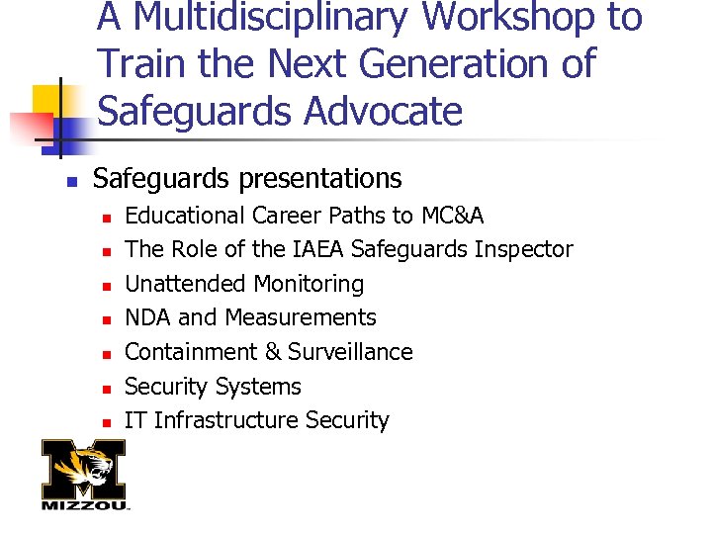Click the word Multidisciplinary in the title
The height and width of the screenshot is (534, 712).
coord(267,18)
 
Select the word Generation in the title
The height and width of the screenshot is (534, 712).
coord(465,64)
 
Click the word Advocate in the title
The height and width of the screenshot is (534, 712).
coord(384,111)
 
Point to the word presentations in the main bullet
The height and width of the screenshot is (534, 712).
coord(317,179)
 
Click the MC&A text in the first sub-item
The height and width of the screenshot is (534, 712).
coord(453,216)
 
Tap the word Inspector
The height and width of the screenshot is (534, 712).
coord(524,249)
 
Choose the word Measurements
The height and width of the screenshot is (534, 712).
coord(301,317)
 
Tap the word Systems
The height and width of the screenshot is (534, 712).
coord(256,387)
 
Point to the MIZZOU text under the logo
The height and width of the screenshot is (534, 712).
coord(85,505)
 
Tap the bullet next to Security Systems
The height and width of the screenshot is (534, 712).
coord(105,389)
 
